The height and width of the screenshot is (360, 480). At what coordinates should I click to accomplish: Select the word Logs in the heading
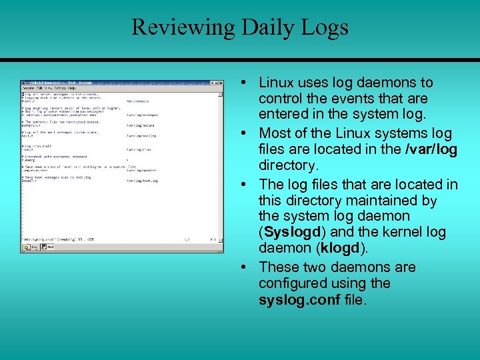[324, 27]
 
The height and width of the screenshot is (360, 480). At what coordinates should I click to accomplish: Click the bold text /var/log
[431, 149]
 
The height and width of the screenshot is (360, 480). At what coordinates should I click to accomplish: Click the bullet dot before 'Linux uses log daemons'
[245, 83]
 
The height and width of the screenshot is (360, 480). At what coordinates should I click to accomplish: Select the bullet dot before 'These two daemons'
[245, 267]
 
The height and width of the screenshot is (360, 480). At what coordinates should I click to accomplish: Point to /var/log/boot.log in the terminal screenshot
[142, 180]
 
